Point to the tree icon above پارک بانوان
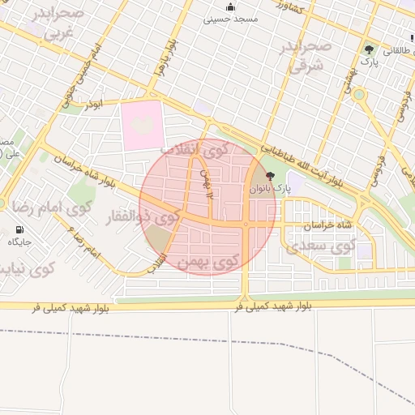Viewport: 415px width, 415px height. tap(270, 176)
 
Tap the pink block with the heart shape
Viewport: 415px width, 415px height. tap(143, 126)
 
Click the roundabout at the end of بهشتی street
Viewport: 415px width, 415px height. tap(358, 96)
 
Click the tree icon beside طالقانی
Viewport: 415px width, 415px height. tap(370, 49)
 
